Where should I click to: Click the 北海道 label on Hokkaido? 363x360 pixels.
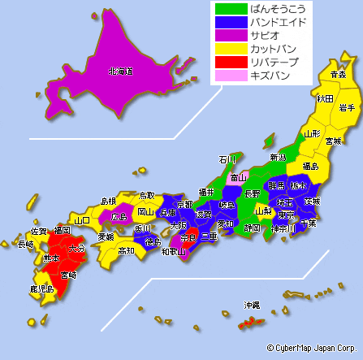[119, 71]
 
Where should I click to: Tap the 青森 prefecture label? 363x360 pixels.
[338, 75]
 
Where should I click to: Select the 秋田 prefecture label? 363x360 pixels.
[325, 98]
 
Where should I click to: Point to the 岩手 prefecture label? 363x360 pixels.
[348, 107]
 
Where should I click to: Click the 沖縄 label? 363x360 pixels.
[252, 305]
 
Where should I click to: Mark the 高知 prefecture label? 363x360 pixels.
[126, 251]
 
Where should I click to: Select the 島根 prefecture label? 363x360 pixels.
[108, 201]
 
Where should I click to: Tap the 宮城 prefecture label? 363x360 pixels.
[333, 141]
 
